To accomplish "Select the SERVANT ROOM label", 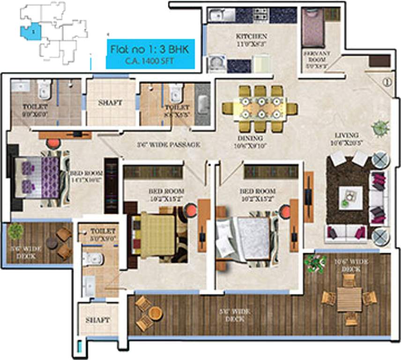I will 317,57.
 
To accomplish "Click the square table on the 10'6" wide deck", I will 349,299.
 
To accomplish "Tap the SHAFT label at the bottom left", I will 98,320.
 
